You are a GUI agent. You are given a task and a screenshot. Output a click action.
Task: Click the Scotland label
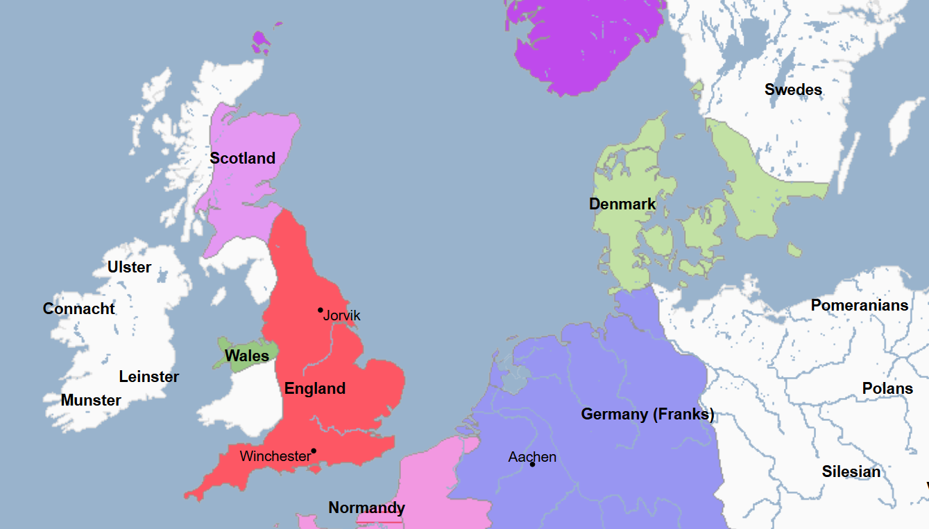[243, 158]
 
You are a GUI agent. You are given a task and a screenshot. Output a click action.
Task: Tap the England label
[315, 388]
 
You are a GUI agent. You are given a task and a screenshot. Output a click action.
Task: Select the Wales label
[247, 356]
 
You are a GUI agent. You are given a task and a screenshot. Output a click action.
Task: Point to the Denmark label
[622, 204]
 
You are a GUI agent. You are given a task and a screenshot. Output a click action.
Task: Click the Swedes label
[793, 89]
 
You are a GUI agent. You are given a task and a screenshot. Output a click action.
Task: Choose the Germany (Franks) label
[647, 415]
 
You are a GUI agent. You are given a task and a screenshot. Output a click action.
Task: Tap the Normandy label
[366, 508]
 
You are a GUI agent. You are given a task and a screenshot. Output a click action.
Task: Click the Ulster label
[129, 267]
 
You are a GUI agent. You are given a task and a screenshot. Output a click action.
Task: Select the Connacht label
[79, 309]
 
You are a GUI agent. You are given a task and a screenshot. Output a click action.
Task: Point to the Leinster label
[149, 376]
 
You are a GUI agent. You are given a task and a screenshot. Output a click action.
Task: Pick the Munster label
[91, 400]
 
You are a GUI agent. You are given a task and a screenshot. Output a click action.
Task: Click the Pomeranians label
[860, 305]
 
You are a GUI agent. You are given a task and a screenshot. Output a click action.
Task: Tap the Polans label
[887, 388]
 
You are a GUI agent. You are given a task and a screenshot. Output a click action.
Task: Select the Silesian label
[851, 471]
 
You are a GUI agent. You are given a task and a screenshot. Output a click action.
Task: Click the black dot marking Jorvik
[321, 310]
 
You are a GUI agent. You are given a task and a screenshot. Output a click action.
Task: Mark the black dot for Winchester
[314, 451]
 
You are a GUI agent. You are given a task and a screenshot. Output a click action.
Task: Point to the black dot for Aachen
[532, 464]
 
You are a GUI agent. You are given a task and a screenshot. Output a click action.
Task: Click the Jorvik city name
[342, 316]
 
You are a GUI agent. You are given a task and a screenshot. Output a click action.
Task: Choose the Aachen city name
[532, 457]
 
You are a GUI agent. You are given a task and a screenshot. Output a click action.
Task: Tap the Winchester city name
[275, 456]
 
